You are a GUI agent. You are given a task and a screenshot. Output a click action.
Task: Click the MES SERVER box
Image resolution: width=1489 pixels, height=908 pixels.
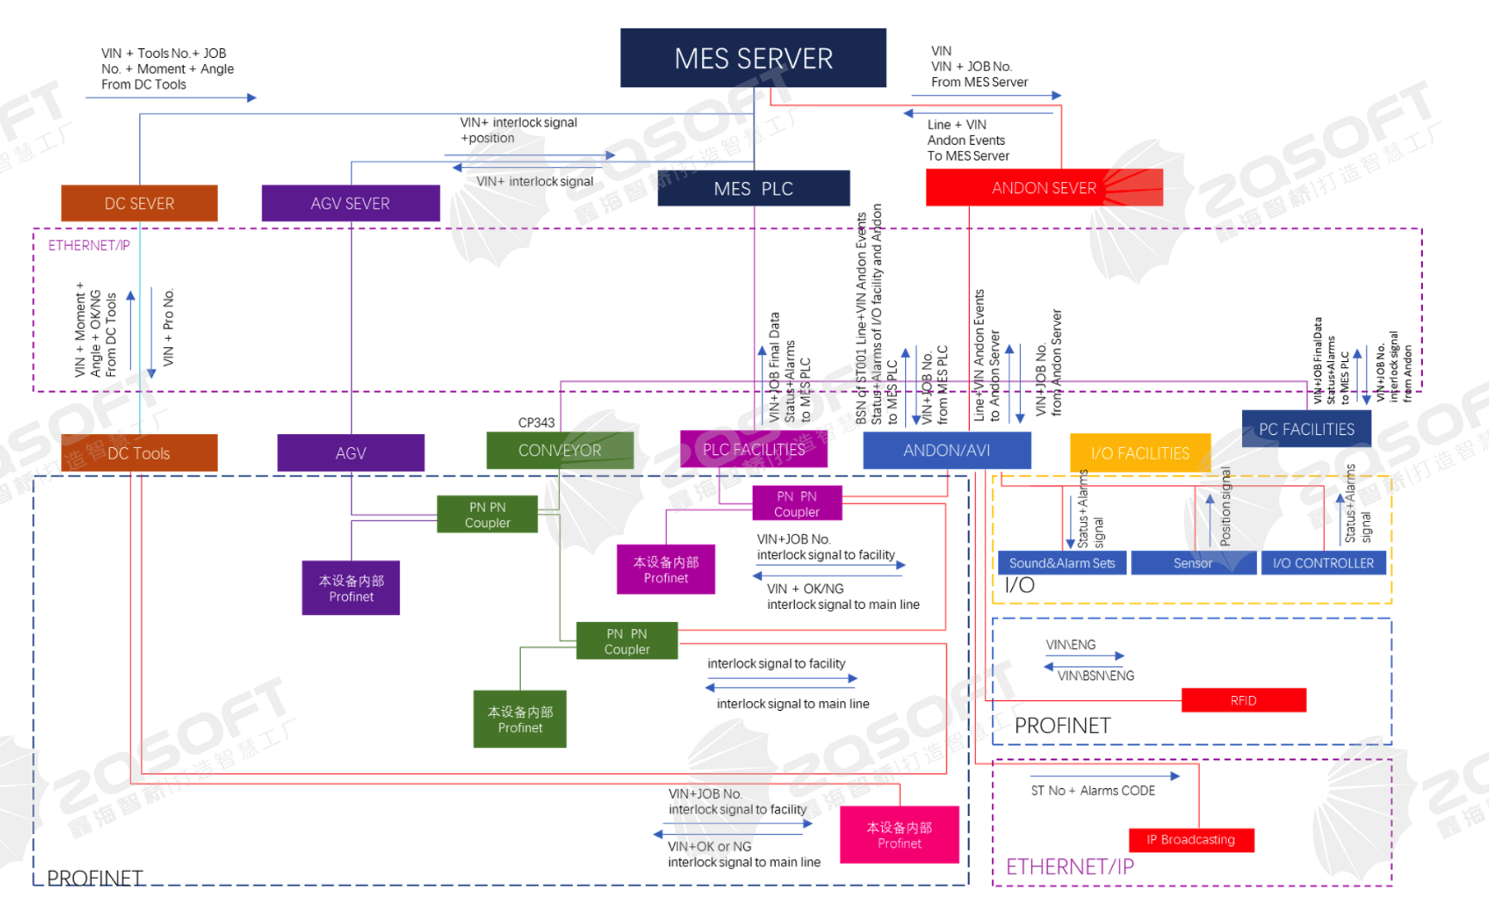coord(753,58)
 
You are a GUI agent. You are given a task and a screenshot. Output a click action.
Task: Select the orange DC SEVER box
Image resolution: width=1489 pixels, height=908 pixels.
coord(139,203)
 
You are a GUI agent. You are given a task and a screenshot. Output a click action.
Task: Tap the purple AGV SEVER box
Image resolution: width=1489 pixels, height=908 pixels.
coord(350,203)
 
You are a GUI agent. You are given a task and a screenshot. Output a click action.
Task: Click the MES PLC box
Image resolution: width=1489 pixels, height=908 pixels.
coord(753,189)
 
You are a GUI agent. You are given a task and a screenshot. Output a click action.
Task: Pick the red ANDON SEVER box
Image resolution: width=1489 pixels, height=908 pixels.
coord(1043,188)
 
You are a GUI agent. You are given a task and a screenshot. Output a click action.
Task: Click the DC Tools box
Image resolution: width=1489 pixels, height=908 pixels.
coord(139,453)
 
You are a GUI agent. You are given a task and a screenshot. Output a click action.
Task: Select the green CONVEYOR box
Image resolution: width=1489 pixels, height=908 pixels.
coord(560,451)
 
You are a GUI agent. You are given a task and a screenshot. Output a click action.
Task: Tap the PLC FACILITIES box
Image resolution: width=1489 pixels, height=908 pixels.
coord(754,450)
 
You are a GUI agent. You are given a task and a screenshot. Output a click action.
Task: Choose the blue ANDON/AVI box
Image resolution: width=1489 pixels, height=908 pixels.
coord(947,451)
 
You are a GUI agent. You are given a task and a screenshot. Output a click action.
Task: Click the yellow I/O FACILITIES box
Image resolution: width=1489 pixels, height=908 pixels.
coord(1140,453)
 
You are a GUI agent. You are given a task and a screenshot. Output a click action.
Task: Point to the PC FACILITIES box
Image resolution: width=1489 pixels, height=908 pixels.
coord(1306,429)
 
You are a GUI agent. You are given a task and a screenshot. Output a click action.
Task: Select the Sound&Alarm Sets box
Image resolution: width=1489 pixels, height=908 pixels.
coord(1062,563)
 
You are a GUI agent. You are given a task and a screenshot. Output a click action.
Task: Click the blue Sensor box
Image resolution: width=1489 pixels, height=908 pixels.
coord(1193,563)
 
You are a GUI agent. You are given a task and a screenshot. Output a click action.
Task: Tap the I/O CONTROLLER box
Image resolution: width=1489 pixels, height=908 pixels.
coord(1323,563)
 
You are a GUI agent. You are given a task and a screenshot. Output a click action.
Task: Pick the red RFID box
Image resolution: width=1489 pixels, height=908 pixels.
coord(1243,700)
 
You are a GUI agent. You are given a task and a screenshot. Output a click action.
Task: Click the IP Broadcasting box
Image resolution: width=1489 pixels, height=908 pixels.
coord(1190,840)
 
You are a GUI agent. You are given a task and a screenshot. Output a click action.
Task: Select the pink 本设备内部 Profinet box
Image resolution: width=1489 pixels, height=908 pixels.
coord(899,835)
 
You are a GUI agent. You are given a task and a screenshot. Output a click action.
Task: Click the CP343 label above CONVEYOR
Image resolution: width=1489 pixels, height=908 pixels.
coord(536,423)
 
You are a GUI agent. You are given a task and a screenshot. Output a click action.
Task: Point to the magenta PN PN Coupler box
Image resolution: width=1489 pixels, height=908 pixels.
coord(797,504)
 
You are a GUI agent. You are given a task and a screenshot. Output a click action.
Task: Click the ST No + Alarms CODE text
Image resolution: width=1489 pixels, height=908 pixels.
coord(1092,790)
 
